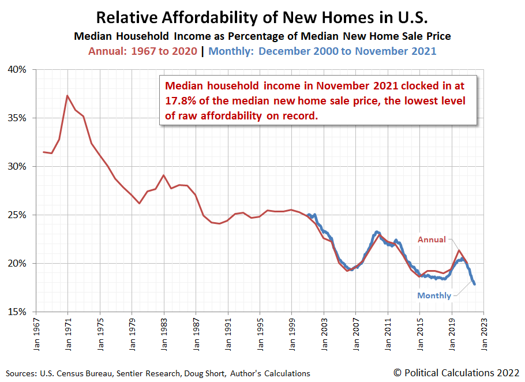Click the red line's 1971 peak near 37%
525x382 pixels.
(67, 95)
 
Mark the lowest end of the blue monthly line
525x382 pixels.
(474, 284)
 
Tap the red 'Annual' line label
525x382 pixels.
(432, 239)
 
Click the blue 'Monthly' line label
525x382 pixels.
(434, 295)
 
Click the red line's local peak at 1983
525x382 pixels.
(164, 175)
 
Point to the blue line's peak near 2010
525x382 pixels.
(377, 232)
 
